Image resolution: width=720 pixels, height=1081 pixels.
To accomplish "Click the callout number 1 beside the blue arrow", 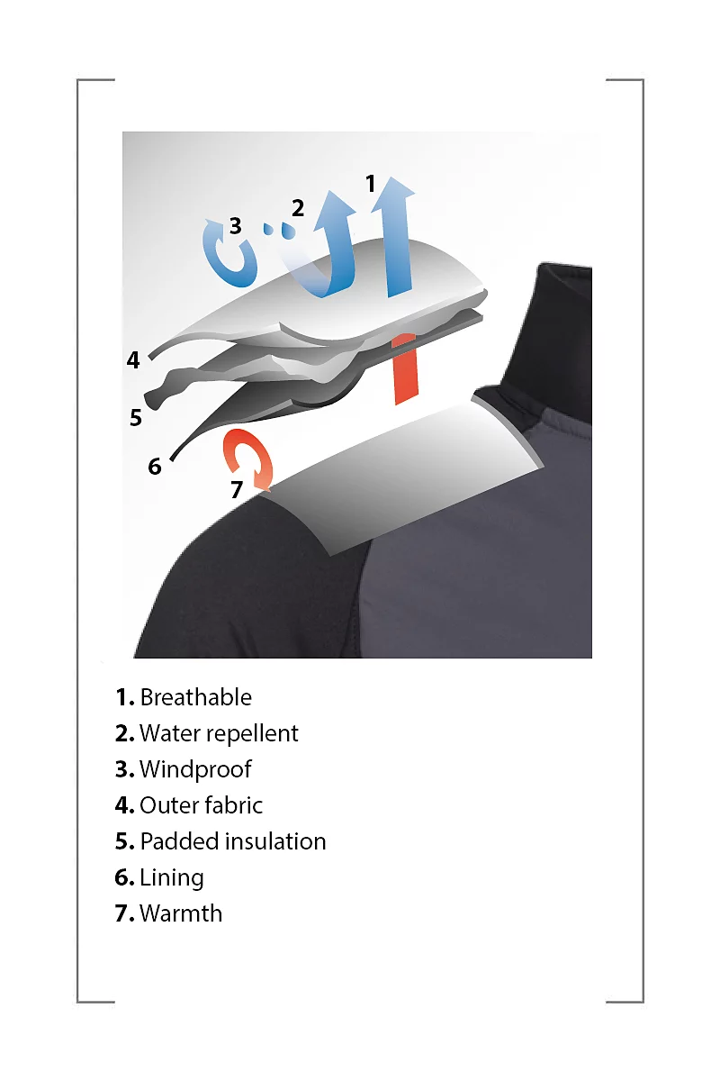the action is (x=370, y=184).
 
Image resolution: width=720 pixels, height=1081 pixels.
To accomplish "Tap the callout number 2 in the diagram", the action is (x=298, y=208).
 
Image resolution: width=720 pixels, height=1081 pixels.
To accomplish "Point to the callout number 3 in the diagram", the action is (x=235, y=225).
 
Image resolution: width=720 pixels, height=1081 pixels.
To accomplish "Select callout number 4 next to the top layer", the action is (x=133, y=359).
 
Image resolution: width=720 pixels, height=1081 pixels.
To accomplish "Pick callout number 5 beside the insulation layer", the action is (x=136, y=417).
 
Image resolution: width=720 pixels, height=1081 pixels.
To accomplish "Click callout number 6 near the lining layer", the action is (x=154, y=467).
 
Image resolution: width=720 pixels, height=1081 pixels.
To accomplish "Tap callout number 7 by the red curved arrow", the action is (x=237, y=489).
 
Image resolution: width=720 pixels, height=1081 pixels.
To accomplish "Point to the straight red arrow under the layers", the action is (x=405, y=369).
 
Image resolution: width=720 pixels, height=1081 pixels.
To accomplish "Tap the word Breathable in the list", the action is (x=196, y=697).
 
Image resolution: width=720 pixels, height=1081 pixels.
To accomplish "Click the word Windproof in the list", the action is (x=195, y=769).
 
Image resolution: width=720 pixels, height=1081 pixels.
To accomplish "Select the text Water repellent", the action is (x=219, y=733).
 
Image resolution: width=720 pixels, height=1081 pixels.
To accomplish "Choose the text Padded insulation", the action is (x=233, y=841).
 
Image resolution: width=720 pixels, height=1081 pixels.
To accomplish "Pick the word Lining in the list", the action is (x=172, y=877).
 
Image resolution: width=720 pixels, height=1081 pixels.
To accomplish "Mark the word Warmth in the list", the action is (x=181, y=913).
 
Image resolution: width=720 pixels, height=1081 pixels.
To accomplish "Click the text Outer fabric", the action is (x=201, y=805).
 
